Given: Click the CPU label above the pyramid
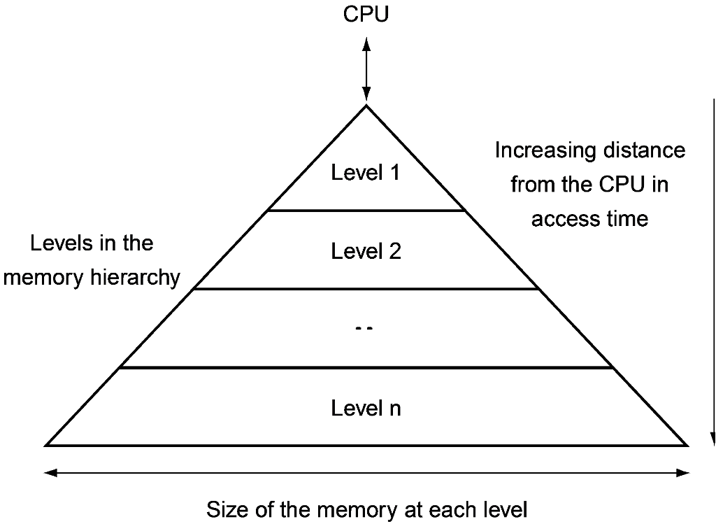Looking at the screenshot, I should [366, 15].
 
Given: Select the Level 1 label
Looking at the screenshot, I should [366, 173].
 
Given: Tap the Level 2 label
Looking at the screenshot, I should [366, 250].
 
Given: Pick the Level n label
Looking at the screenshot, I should [366, 408].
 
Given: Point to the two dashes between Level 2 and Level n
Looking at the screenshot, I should [365, 329].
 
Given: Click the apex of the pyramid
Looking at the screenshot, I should [366, 106].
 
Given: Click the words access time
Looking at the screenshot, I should [589, 219].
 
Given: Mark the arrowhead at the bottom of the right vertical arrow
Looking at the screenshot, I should [713, 439].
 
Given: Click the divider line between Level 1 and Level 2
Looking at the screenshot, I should [366, 210].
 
